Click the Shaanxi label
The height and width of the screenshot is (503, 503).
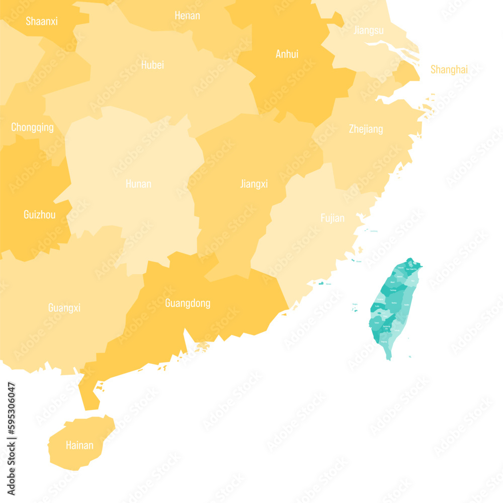coord(42,21)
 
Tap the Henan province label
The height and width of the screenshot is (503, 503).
coord(187,16)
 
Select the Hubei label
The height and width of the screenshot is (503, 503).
coord(152,65)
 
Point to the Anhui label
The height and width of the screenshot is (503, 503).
coord(287,54)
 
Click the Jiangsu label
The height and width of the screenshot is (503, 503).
coord(369,30)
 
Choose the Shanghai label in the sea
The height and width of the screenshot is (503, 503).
coord(449,69)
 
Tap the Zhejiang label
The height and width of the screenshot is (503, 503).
coord(366,129)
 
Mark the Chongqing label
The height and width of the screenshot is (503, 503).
coord(32,127)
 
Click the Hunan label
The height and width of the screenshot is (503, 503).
coord(138,184)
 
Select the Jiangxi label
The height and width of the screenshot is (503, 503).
coord(254,184)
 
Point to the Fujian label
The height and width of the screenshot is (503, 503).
coord(332,218)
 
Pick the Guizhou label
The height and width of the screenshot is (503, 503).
coord(40,215)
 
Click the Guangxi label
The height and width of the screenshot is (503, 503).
coord(64,308)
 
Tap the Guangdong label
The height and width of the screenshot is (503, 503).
coord(188,303)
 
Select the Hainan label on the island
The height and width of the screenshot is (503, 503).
coord(79,445)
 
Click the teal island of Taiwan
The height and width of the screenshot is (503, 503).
coord(395,307)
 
